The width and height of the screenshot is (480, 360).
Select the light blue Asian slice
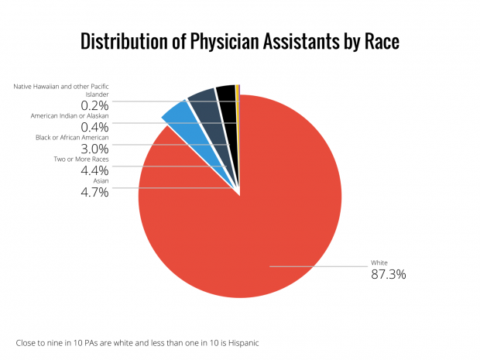tap(177, 113)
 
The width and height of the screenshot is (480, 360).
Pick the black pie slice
tap(225, 93)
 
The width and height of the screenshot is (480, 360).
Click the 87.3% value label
tap(389, 275)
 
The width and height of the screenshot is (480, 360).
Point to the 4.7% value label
tap(94, 192)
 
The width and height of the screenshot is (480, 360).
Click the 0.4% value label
tap(94, 126)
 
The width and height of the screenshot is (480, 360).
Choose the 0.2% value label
tap(94, 105)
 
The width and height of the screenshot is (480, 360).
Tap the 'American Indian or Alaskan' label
tap(70, 115)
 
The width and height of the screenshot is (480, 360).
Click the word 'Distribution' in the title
tap(128, 42)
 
